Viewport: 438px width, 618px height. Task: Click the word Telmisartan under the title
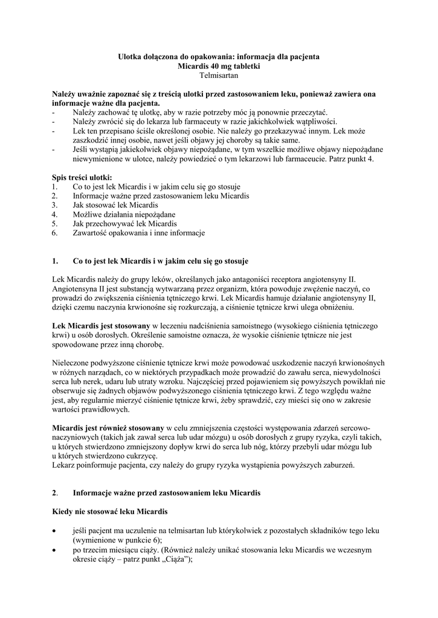point(219,75)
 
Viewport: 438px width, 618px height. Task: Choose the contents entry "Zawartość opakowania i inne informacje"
point(139,232)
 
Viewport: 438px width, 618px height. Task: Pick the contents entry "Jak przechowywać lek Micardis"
point(120,223)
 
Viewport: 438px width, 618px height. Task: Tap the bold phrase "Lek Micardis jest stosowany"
point(100,326)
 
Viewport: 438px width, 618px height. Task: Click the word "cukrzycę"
point(139,456)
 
